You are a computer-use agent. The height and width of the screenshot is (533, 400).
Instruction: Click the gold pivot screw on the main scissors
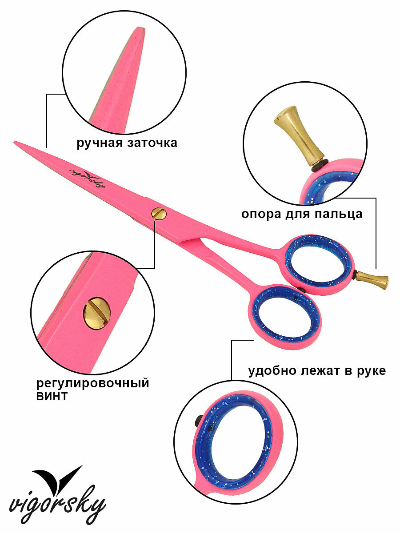159,213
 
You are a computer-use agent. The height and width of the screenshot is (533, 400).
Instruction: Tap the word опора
261,214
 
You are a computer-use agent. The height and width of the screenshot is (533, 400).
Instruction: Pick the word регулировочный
92,383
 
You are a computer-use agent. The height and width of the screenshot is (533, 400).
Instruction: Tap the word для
298,214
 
